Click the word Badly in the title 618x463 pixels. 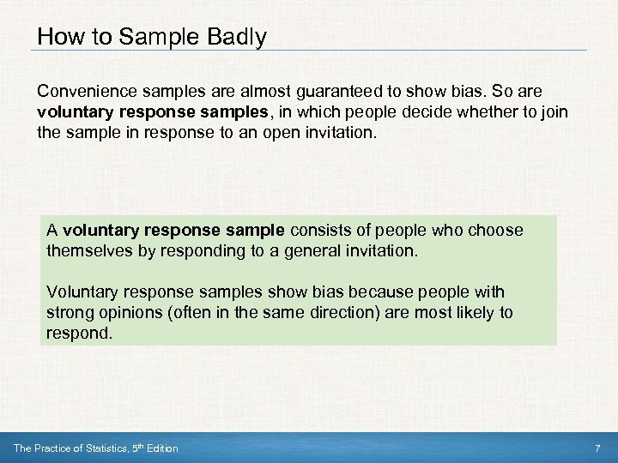coord(235,37)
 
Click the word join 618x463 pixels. coord(554,111)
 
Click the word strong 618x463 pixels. coord(68,313)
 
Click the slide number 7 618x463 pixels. coord(597,448)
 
